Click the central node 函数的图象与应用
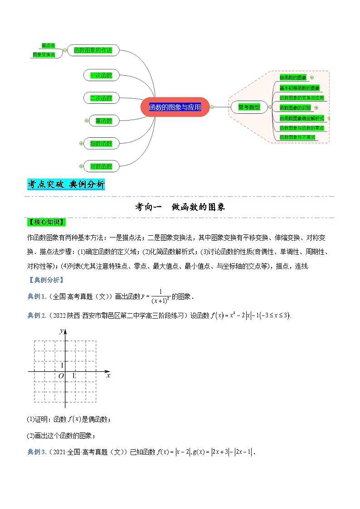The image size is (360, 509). [x=175, y=107]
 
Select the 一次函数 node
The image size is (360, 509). [x=101, y=75]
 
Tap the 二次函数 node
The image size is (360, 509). [x=101, y=98]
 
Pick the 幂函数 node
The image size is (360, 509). [x=101, y=121]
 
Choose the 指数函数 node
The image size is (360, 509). [x=101, y=144]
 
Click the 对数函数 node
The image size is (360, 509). [x=101, y=166]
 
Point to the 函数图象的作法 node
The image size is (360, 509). [x=92, y=50]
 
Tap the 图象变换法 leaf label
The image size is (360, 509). [x=44, y=54]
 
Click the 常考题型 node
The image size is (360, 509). [x=249, y=107]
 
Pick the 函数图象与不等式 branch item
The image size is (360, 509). [x=297, y=137]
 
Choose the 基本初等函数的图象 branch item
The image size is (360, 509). [x=300, y=88]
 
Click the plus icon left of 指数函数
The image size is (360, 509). [x=81, y=144]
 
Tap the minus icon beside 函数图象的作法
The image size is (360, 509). [x=65, y=50]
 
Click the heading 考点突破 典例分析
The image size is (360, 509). [x=66, y=184]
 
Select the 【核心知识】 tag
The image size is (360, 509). [x=46, y=222]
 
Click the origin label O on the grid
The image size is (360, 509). [x=61, y=376]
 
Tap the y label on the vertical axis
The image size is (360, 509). [x=61, y=331]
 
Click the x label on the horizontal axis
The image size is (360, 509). [x=108, y=375]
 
